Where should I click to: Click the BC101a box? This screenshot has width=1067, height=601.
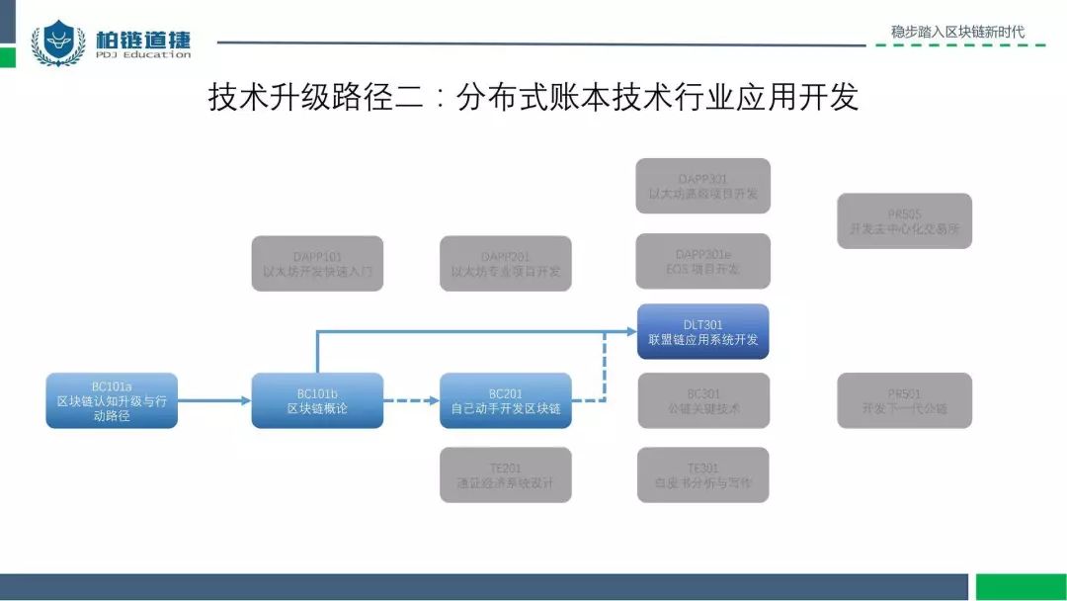(112, 400)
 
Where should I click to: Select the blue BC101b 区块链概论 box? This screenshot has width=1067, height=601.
(317, 400)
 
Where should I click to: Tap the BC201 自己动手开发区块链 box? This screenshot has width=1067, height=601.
(505, 400)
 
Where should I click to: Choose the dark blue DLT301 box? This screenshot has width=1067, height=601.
(702, 331)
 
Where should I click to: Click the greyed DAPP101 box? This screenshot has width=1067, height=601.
(317, 263)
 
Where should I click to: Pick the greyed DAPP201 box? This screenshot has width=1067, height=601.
(505, 263)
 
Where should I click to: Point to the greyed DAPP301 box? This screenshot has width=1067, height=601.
(702, 186)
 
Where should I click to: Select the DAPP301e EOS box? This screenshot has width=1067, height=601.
(702, 261)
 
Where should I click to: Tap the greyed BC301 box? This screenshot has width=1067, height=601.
(702, 400)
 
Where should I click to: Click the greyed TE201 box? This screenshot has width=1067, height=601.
(505, 474)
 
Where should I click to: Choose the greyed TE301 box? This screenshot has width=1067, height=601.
(702, 474)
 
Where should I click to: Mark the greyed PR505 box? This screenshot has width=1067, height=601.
(904, 220)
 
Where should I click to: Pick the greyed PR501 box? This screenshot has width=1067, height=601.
(904, 400)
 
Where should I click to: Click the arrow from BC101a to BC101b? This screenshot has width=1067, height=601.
(214, 400)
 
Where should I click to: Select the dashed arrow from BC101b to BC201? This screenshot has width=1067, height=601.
(411, 400)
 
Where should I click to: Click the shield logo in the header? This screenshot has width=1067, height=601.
(58, 43)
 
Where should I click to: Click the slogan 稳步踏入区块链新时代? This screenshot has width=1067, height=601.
(957, 32)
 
